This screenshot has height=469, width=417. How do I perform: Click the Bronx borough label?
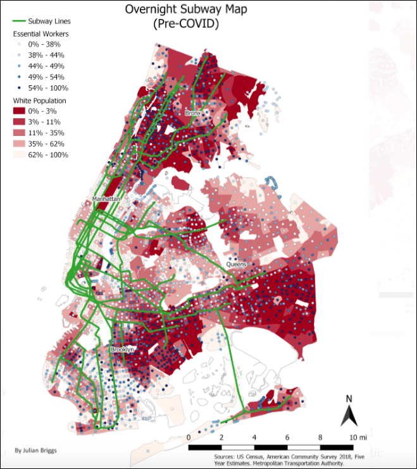(x=193, y=113)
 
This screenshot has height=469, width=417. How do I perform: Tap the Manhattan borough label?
(x=106, y=199)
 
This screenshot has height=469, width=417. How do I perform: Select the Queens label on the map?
(x=237, y=264)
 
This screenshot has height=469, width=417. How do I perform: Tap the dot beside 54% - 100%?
(x=19, y=88)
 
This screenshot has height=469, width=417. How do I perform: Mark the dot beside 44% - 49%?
(x=19, y=66)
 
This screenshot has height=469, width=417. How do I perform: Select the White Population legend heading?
(x=40, y=100)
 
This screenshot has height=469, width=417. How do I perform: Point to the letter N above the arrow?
(x=348, y=399)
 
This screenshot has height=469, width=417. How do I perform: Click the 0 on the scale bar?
(x=190, y=437)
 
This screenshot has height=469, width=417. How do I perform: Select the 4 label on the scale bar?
(x=255, y=437)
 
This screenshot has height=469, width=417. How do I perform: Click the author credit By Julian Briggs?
(x=35, y=451)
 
